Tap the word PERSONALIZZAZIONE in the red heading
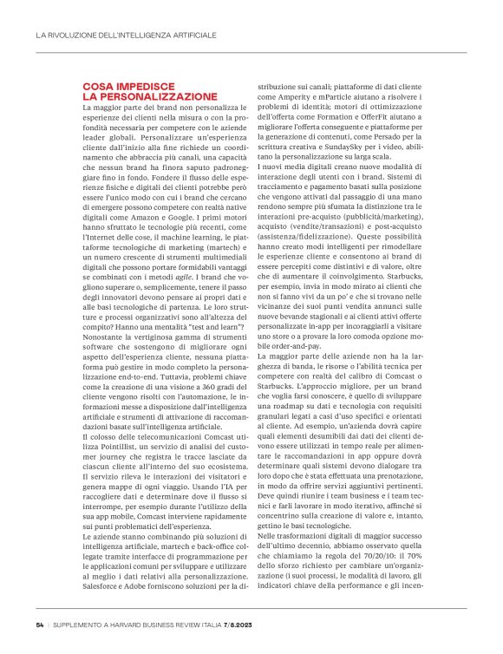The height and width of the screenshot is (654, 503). [x=149, y=97]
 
